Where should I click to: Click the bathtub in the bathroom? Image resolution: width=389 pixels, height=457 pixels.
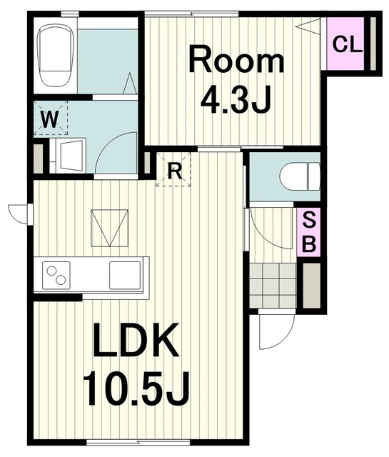54,56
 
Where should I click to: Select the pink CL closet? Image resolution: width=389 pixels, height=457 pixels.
345,44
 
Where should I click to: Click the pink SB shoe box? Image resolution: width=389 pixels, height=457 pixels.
308,232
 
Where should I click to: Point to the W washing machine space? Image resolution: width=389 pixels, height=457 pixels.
51,118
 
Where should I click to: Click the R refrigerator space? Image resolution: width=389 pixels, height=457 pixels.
173,169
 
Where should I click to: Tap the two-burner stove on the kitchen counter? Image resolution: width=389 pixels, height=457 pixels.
56,275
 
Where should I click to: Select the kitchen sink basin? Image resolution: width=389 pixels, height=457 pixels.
125,275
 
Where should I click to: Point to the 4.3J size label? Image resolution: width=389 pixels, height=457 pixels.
236,99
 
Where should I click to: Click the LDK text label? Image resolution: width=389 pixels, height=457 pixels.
136,341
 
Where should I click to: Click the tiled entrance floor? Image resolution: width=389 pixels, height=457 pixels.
273,286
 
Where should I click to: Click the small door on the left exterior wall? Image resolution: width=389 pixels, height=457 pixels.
21,214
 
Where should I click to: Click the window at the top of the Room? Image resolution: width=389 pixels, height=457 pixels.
192,14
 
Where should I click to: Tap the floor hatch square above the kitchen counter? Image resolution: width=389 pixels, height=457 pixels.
109,228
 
